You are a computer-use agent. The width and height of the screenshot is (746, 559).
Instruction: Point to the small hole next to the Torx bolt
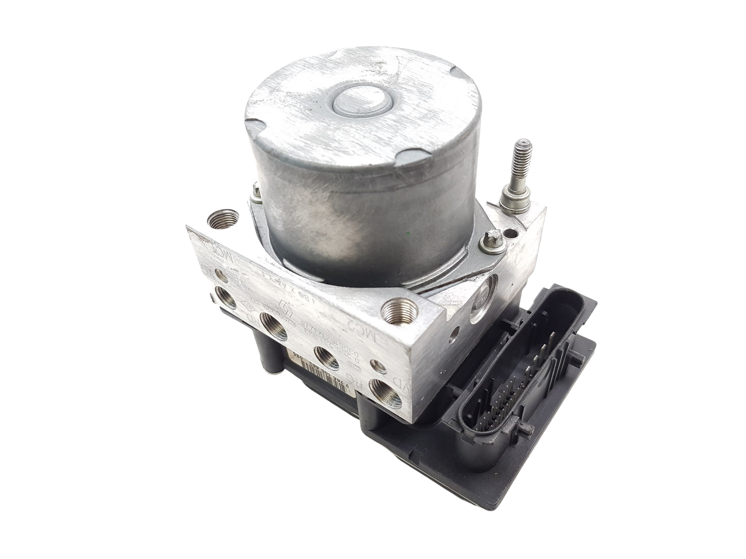(x=513, y=244)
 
